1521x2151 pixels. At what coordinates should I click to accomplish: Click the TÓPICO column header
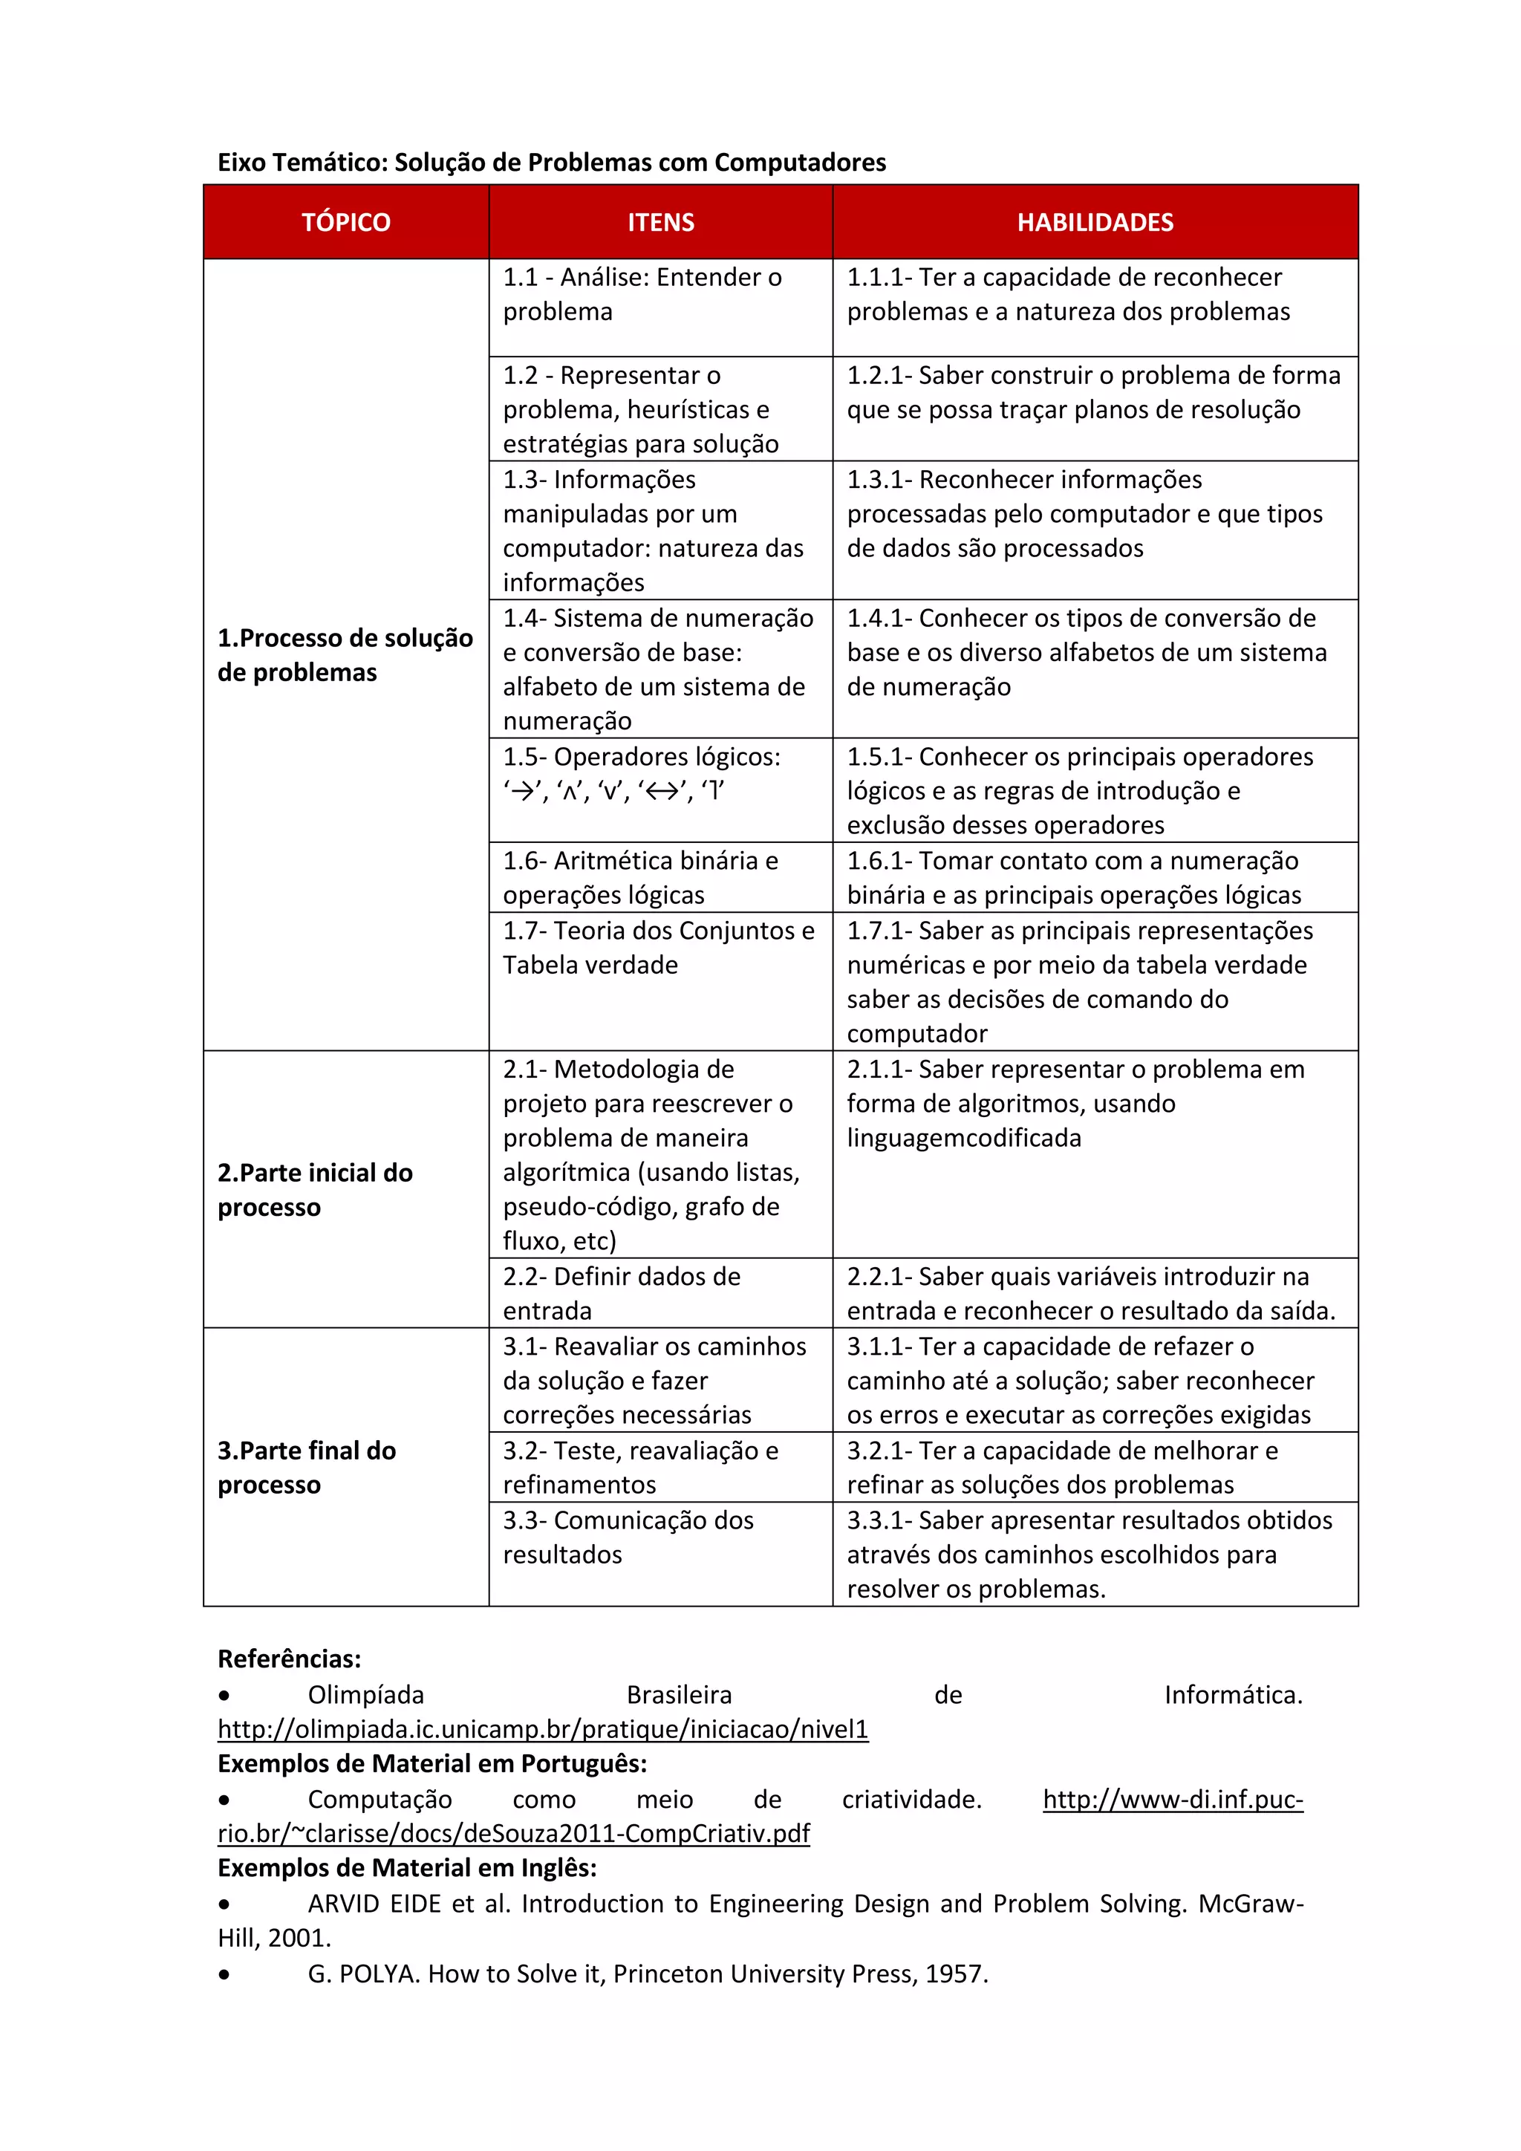pos(345,222)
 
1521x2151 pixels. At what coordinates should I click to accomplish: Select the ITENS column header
pos(660,222)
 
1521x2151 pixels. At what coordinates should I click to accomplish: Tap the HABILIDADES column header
pos(1095,222)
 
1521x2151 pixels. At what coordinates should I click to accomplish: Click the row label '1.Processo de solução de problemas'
pos(345,655)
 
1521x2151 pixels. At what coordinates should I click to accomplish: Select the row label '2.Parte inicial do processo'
pos(315,1190)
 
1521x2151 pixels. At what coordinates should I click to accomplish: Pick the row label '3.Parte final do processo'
pos(306,1467)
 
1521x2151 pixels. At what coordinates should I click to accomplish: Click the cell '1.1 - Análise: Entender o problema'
pos(642,294)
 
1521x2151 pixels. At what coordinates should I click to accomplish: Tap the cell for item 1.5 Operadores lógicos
pos(642,774)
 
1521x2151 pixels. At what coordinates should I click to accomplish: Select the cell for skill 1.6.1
pos(1073,878)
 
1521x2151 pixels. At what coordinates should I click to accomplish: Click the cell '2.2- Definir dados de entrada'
pos(621,1293)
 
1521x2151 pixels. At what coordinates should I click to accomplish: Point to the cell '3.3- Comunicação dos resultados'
pos(628,1537)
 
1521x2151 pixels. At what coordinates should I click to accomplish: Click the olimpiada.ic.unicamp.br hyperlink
pos(542,1728)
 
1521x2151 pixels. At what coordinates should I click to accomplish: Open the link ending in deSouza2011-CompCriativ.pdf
pos(513,1832)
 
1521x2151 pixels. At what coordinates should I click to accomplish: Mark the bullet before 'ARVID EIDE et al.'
pos(224,1904)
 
